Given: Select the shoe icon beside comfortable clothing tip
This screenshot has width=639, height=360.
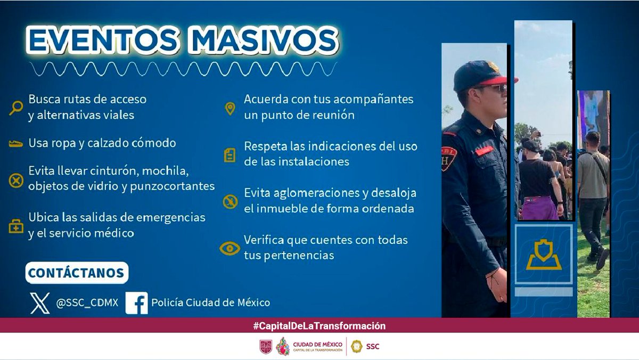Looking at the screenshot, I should (x=16, y=144).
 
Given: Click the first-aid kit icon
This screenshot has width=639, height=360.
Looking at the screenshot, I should (x=17, y=226).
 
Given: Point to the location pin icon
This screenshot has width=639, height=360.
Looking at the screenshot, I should (x=230, y=108).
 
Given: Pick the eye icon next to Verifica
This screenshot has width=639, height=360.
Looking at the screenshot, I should (x=230, y=248).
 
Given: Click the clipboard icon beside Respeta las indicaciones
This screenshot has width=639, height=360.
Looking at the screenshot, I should (x=230, y=154).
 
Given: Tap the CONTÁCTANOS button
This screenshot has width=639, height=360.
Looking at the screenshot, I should (x=76, y=273).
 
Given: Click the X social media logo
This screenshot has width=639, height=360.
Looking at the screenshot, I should (x=40, y=302).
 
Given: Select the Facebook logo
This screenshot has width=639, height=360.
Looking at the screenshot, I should (x=137, y=302).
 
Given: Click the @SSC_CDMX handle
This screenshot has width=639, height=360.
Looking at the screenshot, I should (x=87, y=303).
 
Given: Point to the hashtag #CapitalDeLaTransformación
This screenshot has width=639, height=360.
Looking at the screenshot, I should (x=319, y=326).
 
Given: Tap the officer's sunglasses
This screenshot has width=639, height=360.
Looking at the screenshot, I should (x=493, y=88).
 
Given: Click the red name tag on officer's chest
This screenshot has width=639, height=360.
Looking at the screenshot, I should (x=484, y=151).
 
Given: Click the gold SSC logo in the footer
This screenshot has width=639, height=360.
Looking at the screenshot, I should (x=356, y=346).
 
